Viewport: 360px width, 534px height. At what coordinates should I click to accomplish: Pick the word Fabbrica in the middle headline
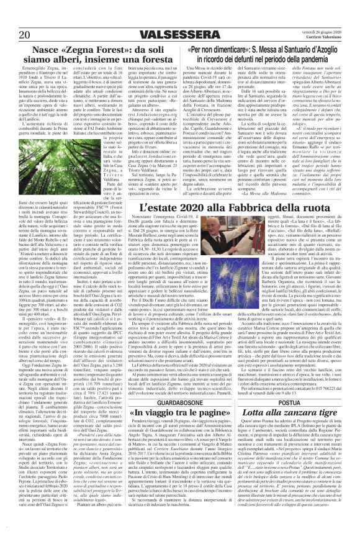(254, 207)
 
